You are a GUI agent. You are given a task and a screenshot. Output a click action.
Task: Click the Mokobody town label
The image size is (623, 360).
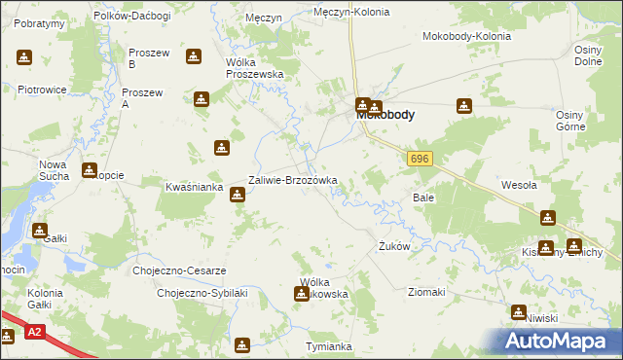point(385,115)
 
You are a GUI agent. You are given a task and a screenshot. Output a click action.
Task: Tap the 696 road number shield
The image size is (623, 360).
point(420,159)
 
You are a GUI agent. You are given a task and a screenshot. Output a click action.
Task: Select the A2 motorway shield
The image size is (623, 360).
point(35,332)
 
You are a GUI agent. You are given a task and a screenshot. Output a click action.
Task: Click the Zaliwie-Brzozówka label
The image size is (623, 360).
point(293,180)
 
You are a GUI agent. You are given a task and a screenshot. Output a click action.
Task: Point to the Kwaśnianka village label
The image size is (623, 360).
point(196,186)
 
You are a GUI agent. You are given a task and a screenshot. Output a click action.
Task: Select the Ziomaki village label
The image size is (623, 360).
point(426,292)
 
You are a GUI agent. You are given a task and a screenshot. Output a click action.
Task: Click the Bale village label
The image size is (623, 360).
point(422,197)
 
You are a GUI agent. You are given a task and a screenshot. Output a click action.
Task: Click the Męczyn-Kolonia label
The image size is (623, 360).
point(351,13)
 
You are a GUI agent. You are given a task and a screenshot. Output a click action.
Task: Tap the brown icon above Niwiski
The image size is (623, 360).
point(518,311)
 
